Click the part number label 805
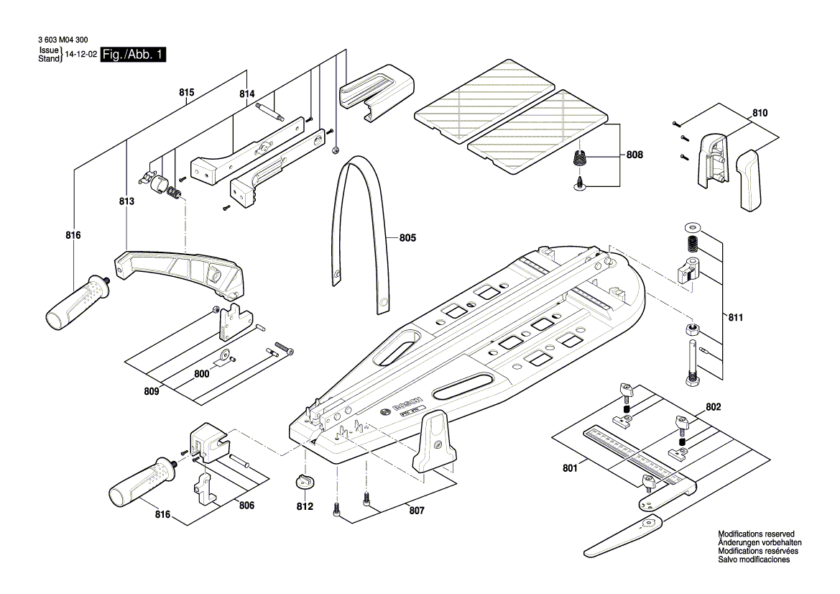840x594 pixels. [x=407, y=237]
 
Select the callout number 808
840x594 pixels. [x=634, y=155]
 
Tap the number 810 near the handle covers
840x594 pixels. [x=760, y=113]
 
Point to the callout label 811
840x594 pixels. [x=735, y=317]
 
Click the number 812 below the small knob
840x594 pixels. [x=305, y=506]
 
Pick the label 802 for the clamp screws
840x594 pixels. [x=713, y=407]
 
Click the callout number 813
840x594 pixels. [x=126, y=203]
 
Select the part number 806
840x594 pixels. [x=246, y=505]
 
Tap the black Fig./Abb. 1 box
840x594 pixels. [x=133, y=55]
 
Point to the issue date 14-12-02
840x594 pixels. [x=80, y=55]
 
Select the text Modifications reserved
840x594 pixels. [x=756, y=534]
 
